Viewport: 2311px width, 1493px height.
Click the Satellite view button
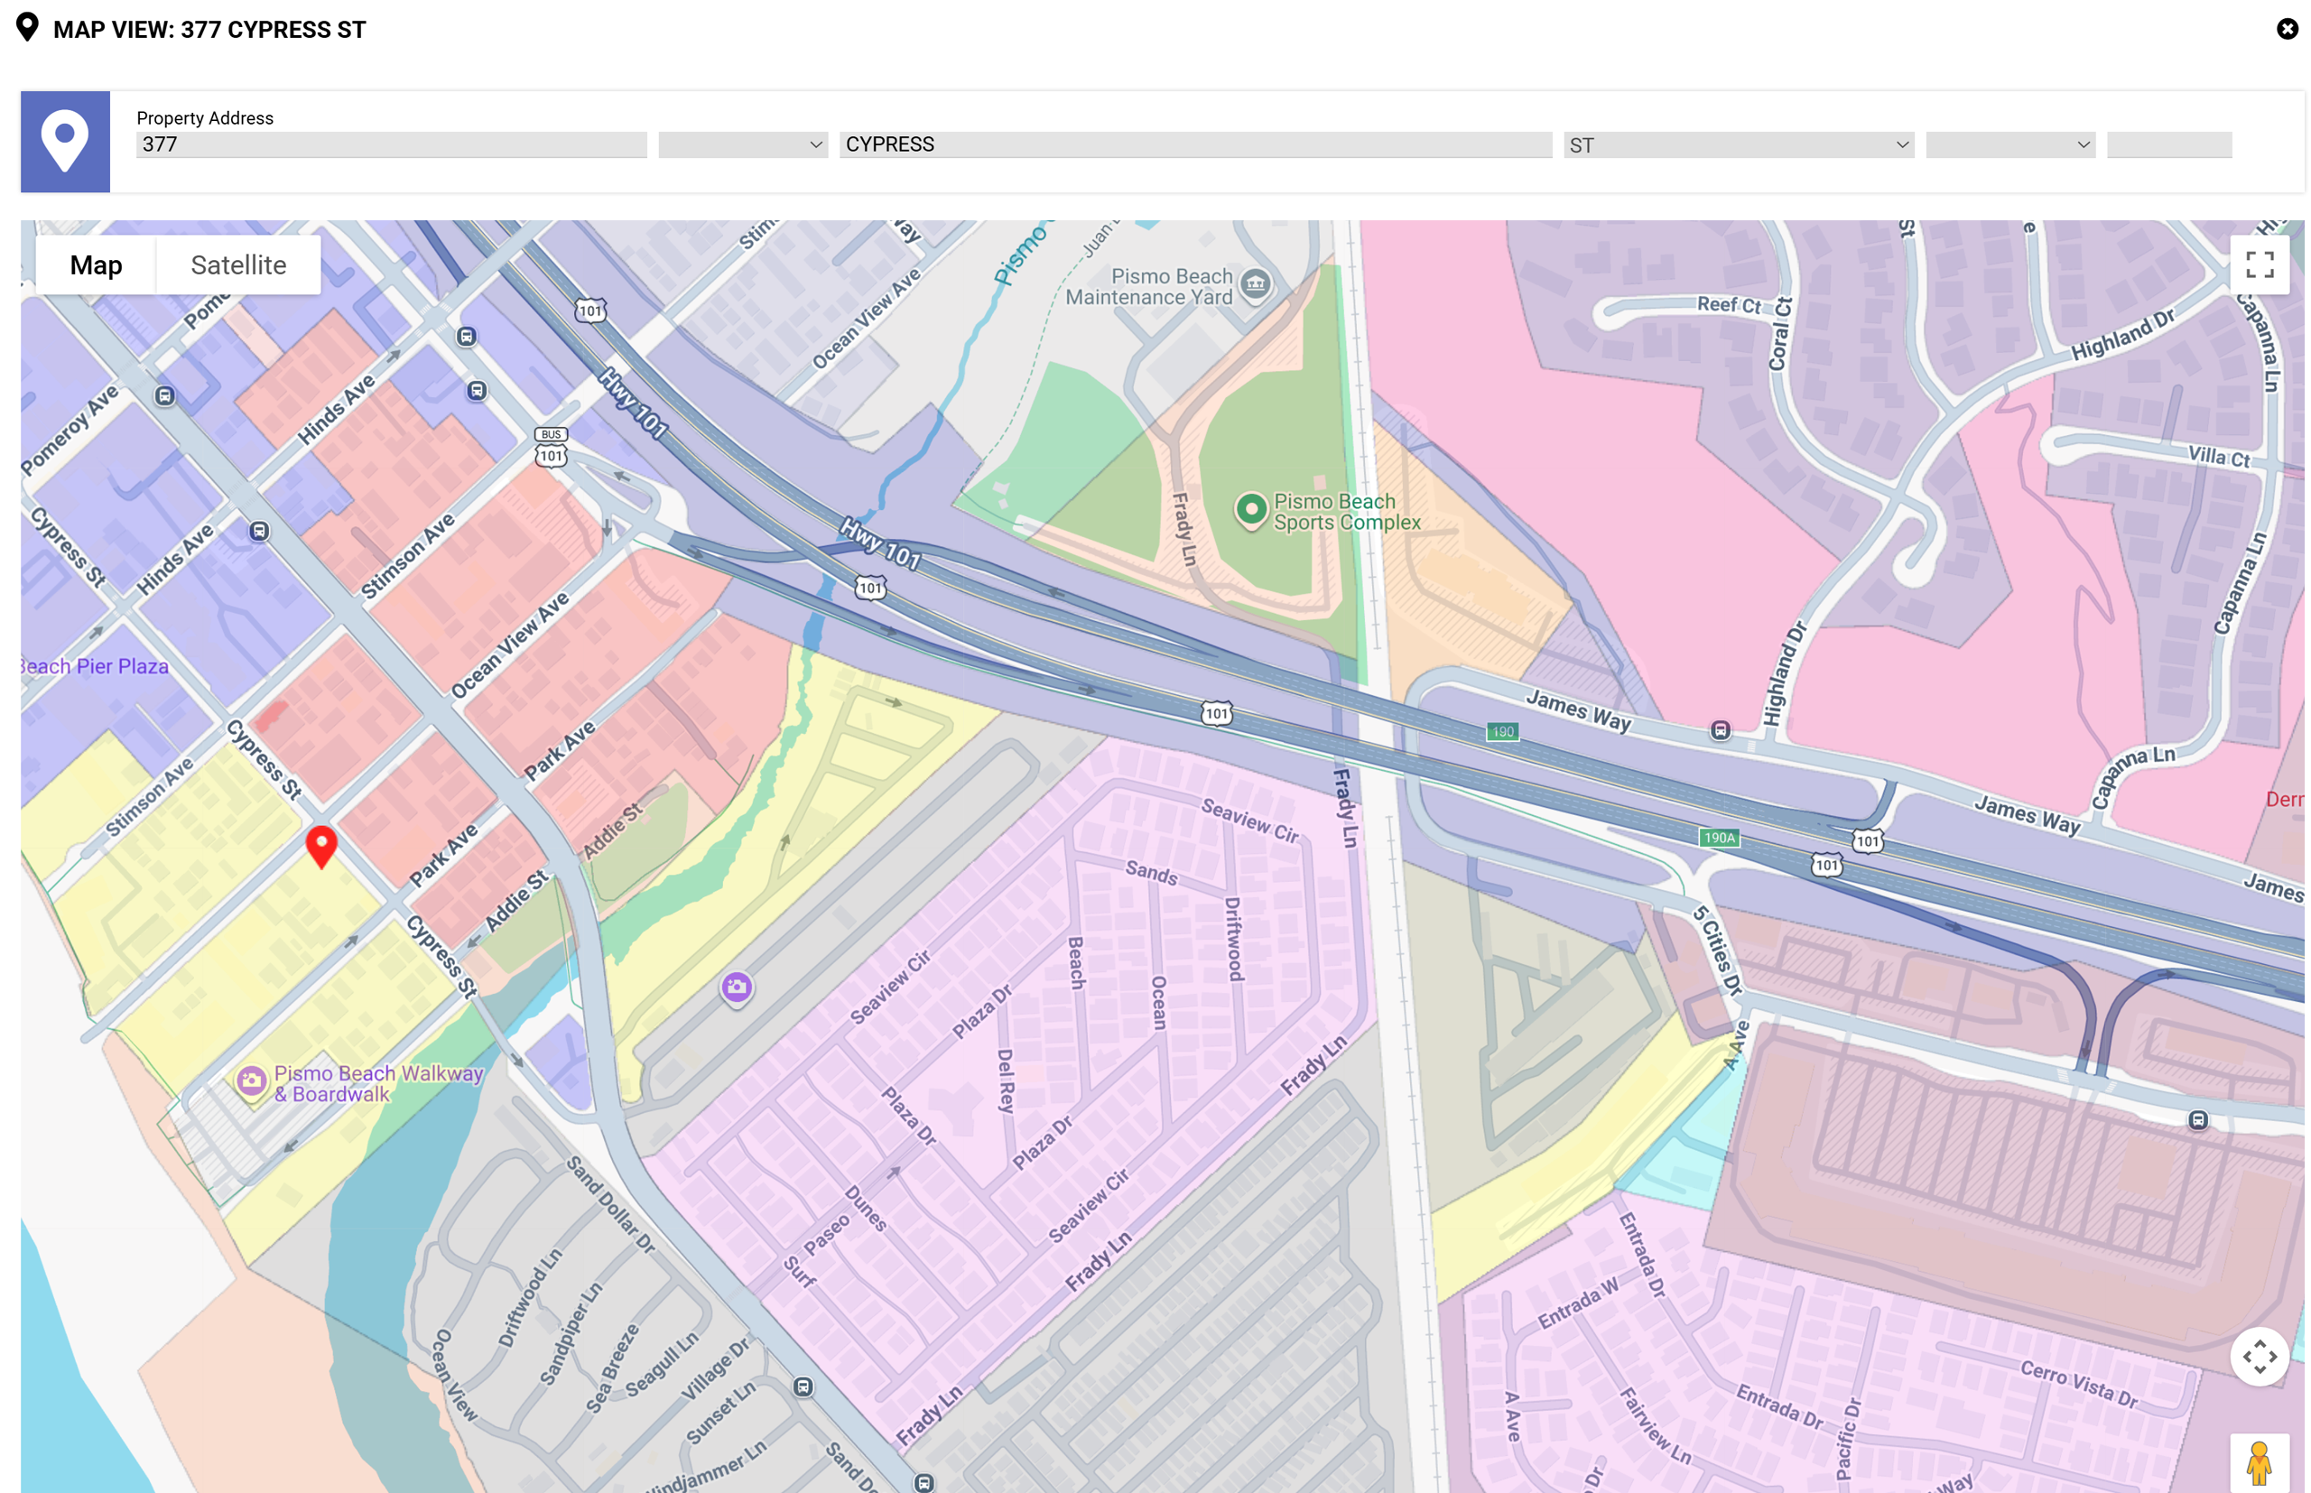pos(237,264)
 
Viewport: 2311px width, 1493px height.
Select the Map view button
pos(96,264)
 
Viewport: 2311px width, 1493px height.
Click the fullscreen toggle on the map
pos(2259,264)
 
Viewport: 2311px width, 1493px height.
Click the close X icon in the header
pos(2287,29)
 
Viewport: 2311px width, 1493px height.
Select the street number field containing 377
pos(391,144)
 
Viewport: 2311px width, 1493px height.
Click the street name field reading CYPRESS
pos(1194,144)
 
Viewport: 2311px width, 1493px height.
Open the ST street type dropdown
pos(1737,145)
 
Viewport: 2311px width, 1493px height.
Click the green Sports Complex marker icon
pos(1250,509)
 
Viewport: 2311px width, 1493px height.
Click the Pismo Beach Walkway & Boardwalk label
pos(378,1084)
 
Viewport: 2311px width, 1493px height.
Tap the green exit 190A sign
pos(1719,838)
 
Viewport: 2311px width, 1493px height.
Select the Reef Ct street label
pos(1728,304)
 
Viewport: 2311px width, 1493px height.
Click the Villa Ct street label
pos(2218,457)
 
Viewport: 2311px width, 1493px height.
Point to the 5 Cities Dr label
pos(1718,951)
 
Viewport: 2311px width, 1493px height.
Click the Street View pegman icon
pos(2259,1463)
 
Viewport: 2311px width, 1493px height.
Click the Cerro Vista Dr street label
pos(2078,1384)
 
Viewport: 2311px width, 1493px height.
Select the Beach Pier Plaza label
pos(95,666)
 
